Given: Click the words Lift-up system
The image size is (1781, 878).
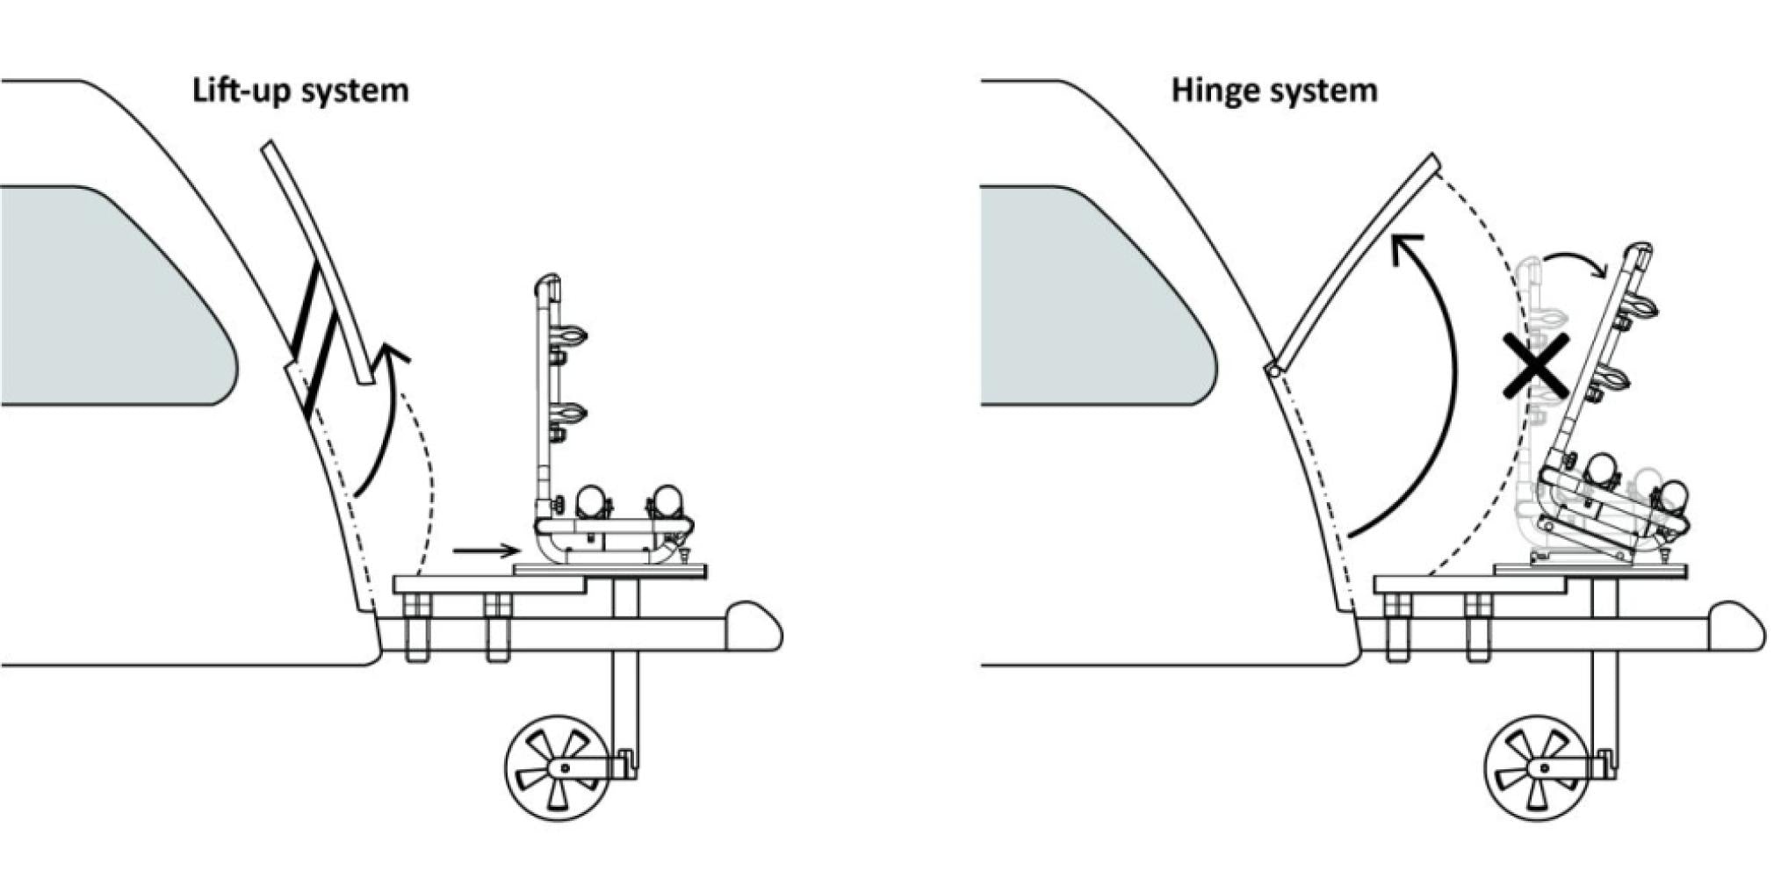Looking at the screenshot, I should tap(300, 90).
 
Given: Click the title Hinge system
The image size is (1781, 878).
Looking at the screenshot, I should tap(1273, 90).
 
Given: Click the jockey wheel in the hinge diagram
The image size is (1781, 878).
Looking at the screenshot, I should tap(1539, 767).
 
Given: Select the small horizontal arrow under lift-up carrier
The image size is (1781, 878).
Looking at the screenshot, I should tap(487, 551).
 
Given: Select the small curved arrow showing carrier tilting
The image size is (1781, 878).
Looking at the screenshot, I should tap(1577, 261).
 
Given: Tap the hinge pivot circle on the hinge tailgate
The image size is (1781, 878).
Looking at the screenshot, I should tap(1273, 371).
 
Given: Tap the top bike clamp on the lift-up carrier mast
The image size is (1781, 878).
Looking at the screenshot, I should tap(568, 336).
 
